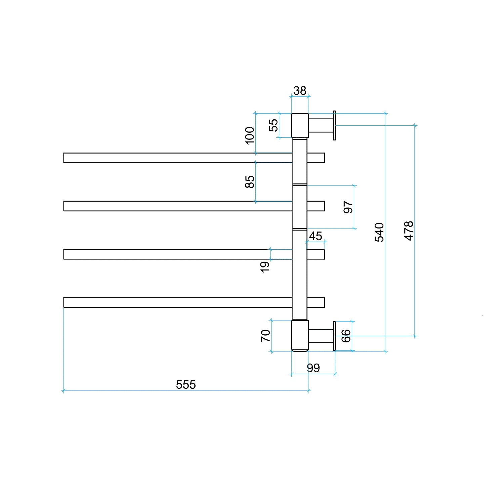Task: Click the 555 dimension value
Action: click(x=186, y=384)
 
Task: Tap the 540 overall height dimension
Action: click(x=379, y=232)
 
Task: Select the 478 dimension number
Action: click(x=409, y=231)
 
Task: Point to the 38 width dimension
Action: click(x=300, y=91)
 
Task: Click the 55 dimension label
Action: click(x=274, y=125)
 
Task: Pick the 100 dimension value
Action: click(x=250, y=135)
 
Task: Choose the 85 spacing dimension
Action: click(x=250, y=182)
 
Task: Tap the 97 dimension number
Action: click(x=348, y=207)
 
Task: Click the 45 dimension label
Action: click(x=316, y=236)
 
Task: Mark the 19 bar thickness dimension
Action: click(x=265, y=267)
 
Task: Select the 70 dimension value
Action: click(x=265, y=336)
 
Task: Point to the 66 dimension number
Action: click(x=346, y=336)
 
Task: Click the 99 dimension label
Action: click(x=313, y=368)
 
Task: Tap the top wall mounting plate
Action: click(x=334, y=125)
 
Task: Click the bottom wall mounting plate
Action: click(x=334, y=336)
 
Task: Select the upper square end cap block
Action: click(x=300, y=125)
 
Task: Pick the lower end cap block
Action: click(x=300, y=336)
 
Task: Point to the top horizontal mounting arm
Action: click(x=321, y=125)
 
